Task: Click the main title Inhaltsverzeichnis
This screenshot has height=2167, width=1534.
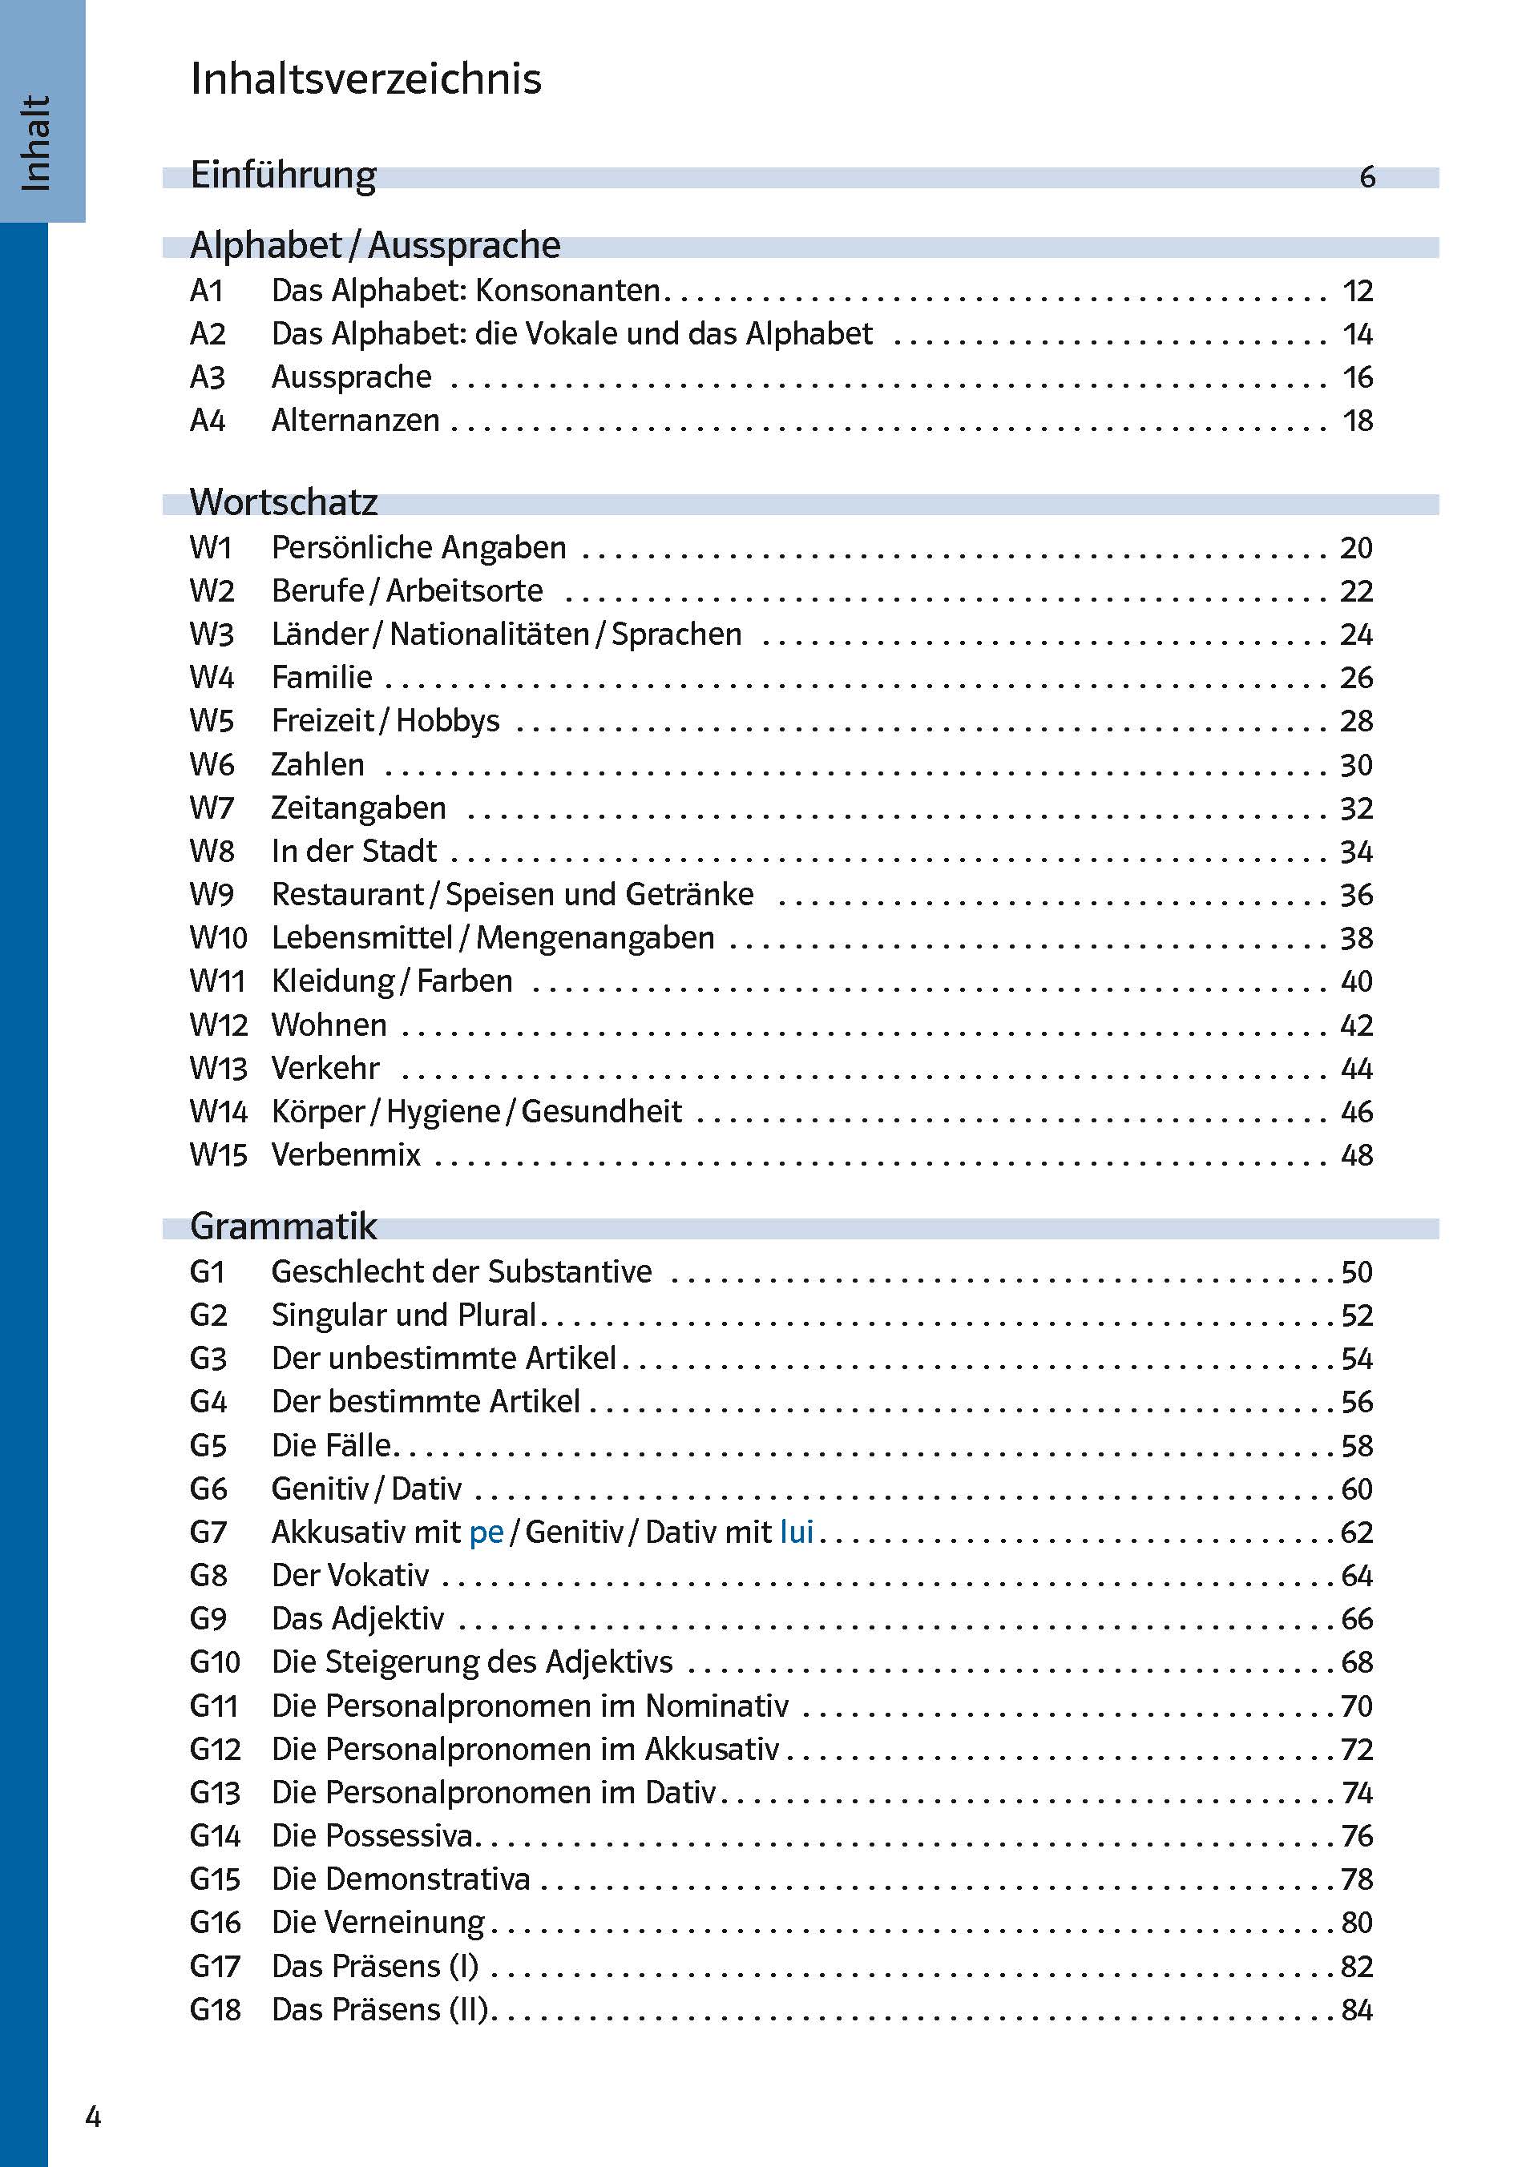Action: tap(365, 79)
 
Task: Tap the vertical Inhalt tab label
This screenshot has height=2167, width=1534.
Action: tap(36, 143)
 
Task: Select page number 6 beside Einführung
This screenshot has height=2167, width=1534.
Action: tap(1366, 176)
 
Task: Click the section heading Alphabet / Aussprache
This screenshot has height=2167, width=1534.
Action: tap(375, 244)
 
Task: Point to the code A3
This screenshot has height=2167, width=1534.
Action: tap(207, 377)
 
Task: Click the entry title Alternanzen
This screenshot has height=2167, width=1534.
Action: tap(355, 420)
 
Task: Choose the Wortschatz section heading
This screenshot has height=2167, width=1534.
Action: tap(284, 501)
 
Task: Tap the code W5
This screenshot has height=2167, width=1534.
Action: tap(212, 720)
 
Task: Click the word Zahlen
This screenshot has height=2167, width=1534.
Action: tap(317, 764)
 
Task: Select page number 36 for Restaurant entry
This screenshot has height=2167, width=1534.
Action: tap(1356, 894)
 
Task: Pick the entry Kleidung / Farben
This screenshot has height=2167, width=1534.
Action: tap(392, 981)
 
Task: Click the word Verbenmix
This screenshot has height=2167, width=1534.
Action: tap(345, 1154)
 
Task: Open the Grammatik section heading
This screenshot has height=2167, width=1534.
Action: tap(284, 1226)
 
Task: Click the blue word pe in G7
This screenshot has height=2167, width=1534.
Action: tap(486, 1532)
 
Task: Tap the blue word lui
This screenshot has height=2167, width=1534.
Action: tap(797, 1531)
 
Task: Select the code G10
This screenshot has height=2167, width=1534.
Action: tap(215, 1662)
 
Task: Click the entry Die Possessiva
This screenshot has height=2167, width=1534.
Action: tap(372, 1835)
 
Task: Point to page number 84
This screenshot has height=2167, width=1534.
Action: tap(1356, 2008)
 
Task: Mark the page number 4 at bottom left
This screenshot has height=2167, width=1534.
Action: tap(93, 2116)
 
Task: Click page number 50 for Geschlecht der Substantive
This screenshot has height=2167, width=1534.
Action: tap(1356, 1272)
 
